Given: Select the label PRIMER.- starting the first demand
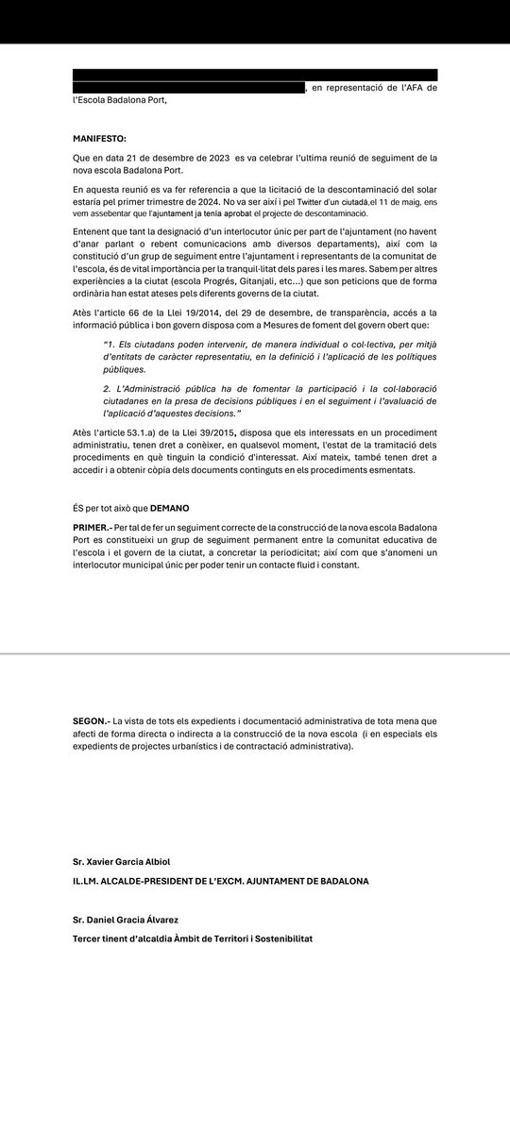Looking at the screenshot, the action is (92, 525).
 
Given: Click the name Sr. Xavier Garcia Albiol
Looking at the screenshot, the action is (127, 863).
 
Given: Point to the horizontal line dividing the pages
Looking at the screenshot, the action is (255, 653).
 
